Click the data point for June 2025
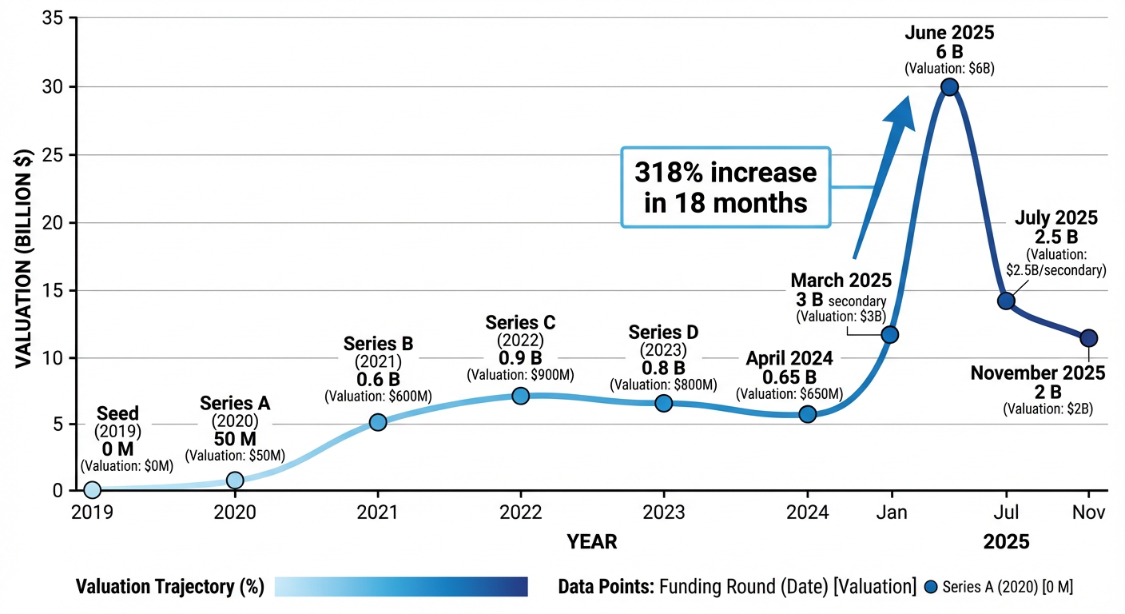tap(949, 87)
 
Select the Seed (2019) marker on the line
tap(92, 489)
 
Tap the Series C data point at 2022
tap(520, 396)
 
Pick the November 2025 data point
tap(1088, 338)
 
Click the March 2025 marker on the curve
tap(889, 334)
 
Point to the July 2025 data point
tap(1006, 301)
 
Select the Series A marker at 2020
tap(235, 480)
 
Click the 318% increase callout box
tap(725, 187)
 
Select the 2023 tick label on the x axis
tap(663, 512)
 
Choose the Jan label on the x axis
tap(891, 512)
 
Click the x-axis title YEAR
tap(591, 542)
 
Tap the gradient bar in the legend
tap(401, 587)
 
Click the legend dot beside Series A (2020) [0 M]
tap(930, 587)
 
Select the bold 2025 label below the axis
tap(1006, 542)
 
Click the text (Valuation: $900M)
tap(520, 374)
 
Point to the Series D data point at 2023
tap(663, 403)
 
